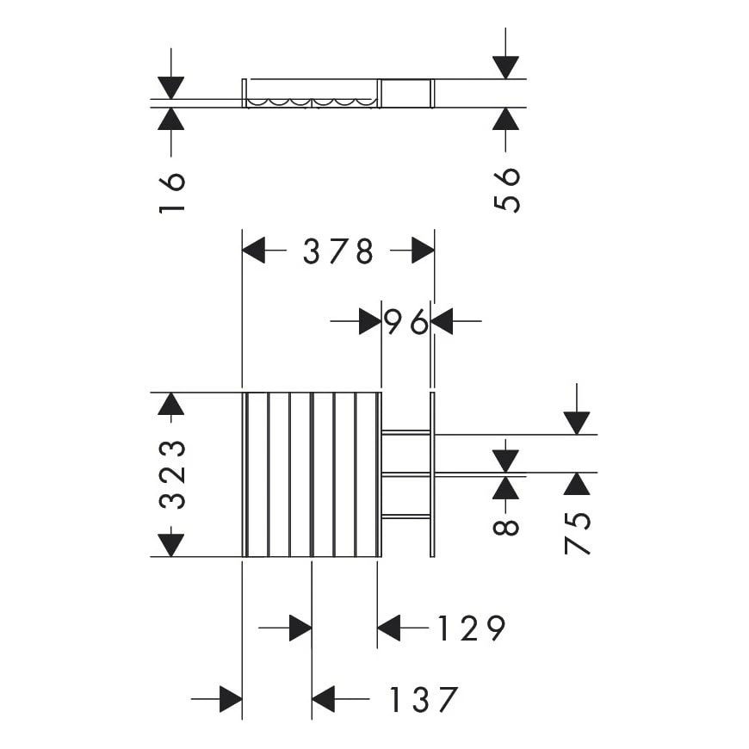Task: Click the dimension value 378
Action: coord(338,251)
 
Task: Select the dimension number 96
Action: coord(405,322)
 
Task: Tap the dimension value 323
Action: coord(172,474)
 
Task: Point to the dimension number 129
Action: coord(470,629)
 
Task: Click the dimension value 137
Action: coord(422,700)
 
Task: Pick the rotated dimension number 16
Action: coord(172,192)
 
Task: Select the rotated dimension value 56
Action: coord(507,189)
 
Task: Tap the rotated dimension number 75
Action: coord(578,532)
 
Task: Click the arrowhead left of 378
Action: coord(254,251)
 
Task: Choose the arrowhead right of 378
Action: coord(423,251)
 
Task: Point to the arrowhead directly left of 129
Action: coord(389,629)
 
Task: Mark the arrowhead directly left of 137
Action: coord(323,700)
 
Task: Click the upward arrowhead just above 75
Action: coord(577,484)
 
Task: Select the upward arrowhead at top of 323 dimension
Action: coord(171,405)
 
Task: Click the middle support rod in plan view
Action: coord(405,474)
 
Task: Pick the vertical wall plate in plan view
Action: coord(432,474)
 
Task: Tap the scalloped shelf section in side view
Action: coord(311,102)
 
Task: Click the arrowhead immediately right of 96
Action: coord(443,322)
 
